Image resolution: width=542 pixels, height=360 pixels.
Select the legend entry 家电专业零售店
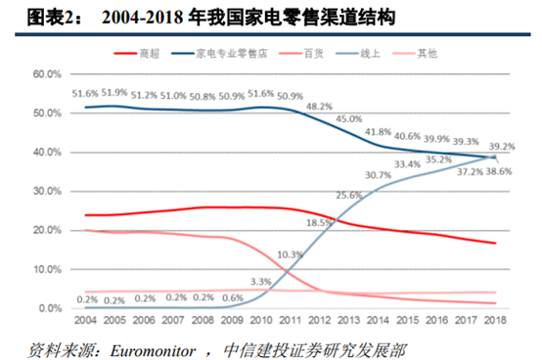(x=238, y=54)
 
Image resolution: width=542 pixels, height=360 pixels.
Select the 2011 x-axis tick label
(x=289, y=320)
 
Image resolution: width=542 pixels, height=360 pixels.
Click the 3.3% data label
(x=261, y=281)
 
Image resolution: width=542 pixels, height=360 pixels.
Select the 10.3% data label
(x=291, y=254)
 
